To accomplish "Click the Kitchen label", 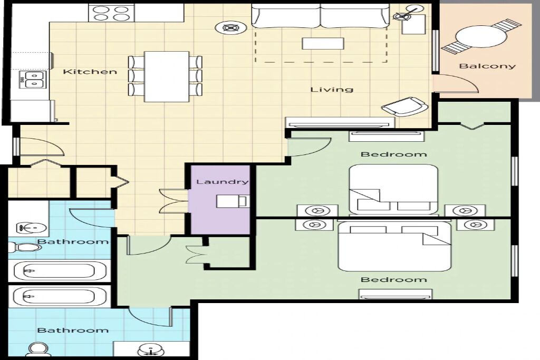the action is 90,72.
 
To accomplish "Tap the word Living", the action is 332,90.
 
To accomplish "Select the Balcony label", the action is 487,66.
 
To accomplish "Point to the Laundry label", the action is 222,181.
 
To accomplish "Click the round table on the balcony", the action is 481,36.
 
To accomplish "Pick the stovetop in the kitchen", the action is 112,13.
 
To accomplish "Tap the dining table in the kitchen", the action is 167,76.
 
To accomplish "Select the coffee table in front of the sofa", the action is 323,43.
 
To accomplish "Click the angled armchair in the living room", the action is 405,106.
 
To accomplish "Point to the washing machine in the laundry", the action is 232,201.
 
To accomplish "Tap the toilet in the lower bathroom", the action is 36,349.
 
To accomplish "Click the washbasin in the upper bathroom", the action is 31,227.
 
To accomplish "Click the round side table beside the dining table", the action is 230,28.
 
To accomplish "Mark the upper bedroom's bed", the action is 393,189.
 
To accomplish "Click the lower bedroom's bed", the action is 394,247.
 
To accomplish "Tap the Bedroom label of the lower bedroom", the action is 393,279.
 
